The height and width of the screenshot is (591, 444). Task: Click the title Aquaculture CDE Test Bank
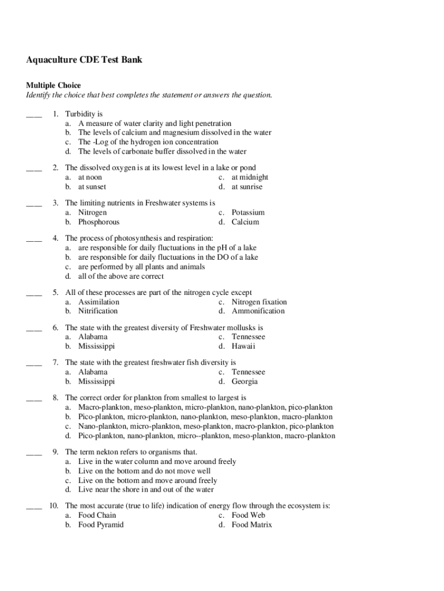click(x=84, y=59)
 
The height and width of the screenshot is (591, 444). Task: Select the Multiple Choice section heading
click(x=54, y=85)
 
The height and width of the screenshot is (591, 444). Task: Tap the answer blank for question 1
click(x=34, y=114)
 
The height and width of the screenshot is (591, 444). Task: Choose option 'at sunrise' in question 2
click(x=247, y=187)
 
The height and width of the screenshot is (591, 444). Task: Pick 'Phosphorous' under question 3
click(x=99, y=222)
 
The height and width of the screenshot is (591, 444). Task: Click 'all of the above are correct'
click(x=121, y=276)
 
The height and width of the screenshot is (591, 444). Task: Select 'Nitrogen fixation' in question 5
click(x=259, y=302)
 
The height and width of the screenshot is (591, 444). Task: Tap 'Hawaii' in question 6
click(x=243, y=346)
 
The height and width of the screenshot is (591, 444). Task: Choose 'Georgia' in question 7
click(x=244, y=381)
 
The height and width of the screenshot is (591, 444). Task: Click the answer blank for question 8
click(x=34, y=398)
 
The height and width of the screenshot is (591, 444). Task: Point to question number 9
click(x=55, y=452)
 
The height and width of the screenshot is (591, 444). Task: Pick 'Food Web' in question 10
click(x=249, y=515)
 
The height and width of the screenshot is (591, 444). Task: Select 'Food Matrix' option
click(x=251, y=525)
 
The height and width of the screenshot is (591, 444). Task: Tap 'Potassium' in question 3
click(x=248, y=212)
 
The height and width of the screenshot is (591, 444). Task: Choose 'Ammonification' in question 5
click(x=258, y=311)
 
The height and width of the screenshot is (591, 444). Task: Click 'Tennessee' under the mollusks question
click(x=249, y=336)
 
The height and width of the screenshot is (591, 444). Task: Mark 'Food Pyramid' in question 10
click(x=101, y=525)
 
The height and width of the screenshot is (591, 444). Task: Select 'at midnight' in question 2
click(x=250, y=177)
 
